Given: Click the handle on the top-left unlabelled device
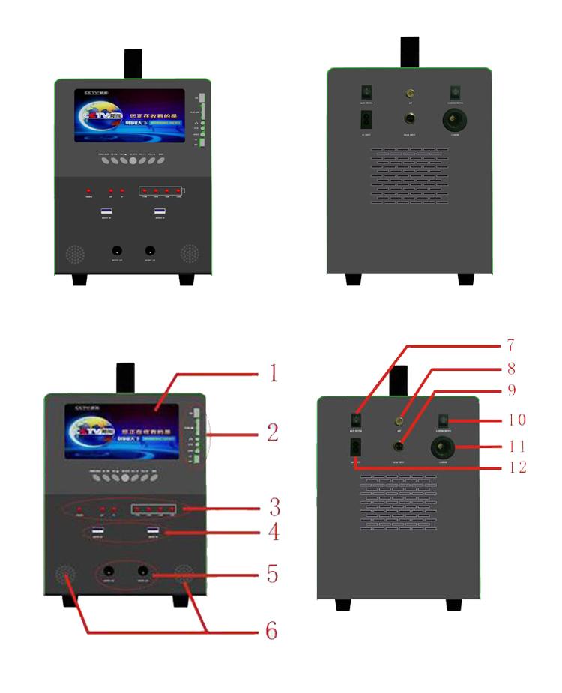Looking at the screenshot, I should [x=133, y=63].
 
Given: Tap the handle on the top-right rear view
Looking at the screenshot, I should [x=409, y=51].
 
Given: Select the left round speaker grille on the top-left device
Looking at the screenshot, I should [x=73, y=254].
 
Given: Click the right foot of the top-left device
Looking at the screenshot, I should [x=187, y=279].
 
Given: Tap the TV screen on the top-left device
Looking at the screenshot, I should [x=130, y=116].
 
